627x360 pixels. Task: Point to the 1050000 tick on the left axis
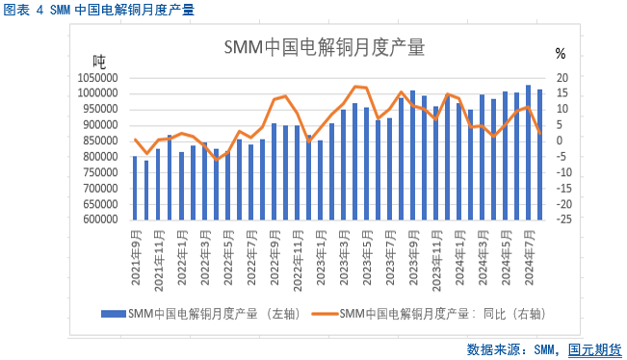tap(98, 78)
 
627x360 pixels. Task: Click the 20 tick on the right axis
tap(564, 78)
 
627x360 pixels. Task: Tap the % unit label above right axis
tap(561, 54)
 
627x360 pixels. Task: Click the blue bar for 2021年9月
tap(135, 188)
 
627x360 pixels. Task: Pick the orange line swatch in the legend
tap(322, 313)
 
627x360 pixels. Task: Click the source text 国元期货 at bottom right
tap(594, 348)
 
